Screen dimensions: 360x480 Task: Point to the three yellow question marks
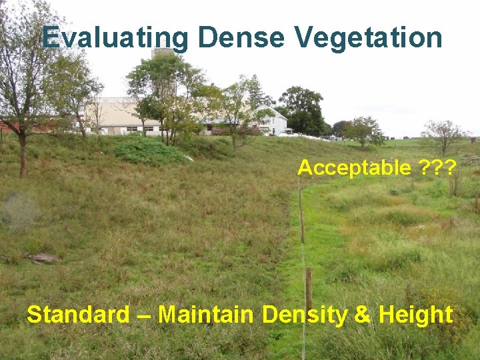[438, 168]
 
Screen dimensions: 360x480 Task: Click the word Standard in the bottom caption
[78, 314]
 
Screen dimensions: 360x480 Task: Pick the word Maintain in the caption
[206, 314]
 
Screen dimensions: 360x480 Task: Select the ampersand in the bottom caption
[362, 314]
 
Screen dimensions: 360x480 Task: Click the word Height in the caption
[415, 314]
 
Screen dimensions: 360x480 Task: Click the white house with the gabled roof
[272, 121]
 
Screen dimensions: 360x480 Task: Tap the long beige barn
[120, 116]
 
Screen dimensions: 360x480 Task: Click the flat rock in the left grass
[42, 257]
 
